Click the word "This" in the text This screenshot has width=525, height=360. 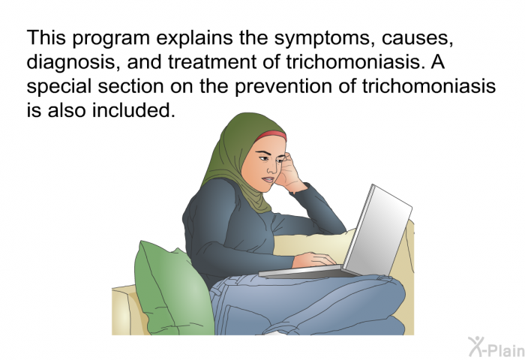[x=46, y=37]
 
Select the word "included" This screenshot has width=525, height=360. [x=133, y=110]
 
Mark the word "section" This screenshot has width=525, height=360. [x=130, y=86]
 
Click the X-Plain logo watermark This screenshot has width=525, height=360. [x=496, y=347]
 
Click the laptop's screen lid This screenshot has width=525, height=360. [x=378, y=231]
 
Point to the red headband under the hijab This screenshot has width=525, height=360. [x=271, y=135]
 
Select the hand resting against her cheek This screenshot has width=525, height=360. [x=289, y=172]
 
